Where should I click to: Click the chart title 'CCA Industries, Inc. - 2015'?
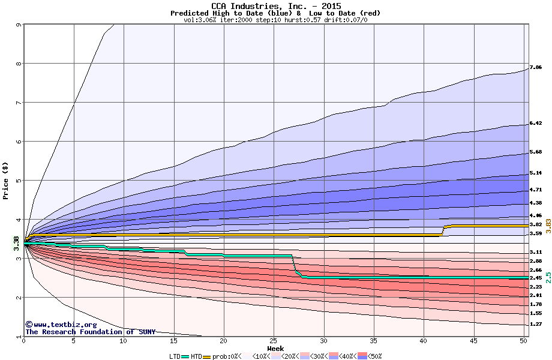275,6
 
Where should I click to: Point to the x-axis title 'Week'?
275,348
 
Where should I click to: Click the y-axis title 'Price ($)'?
5,180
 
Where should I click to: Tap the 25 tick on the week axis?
273,341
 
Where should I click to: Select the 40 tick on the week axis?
423,341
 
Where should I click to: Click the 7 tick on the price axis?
18,103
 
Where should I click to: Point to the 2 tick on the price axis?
18,298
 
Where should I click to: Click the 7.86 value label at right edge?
536,67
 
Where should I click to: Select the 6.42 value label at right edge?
536,124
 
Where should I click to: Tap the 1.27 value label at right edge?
536,324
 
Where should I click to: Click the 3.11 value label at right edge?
536,253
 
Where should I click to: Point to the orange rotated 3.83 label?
548,226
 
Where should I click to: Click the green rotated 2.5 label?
548,277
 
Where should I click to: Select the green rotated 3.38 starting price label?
16,244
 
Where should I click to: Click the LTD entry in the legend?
175,356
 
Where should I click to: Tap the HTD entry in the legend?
196,356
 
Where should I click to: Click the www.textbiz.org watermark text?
57,325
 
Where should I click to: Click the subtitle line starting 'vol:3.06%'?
275,20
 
